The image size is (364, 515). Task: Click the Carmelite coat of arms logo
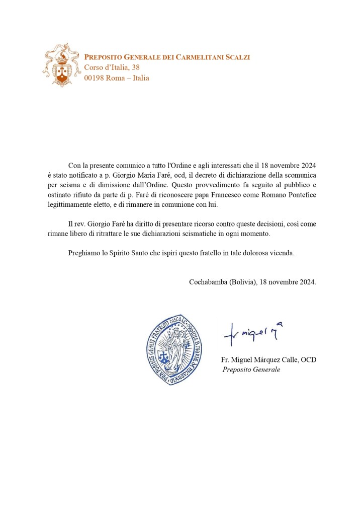[x=62, y=64]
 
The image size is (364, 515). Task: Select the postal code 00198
[x=94, y=78]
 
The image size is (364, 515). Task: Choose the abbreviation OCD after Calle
[x=308, y=360]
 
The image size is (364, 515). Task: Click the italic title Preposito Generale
[x=251, y=370]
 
